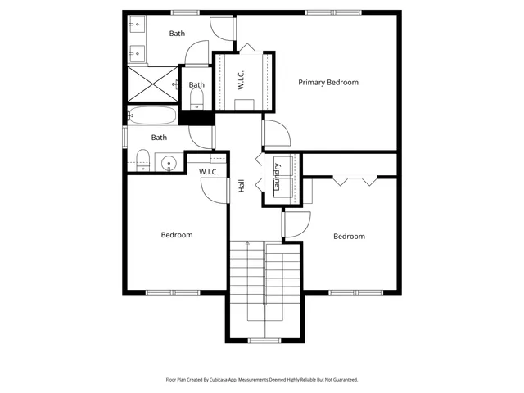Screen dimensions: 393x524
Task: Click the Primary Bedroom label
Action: (x=328, y=82)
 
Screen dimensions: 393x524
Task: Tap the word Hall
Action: (x=242, y=187)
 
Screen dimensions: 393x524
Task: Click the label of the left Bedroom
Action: (x=176, y=235)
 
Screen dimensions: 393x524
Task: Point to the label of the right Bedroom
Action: (x=349, y=236)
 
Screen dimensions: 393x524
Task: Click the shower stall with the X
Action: (x=151, y=84)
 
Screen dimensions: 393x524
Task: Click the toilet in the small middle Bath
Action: (x=196, y=99)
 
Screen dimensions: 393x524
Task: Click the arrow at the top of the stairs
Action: (x=248, y=245)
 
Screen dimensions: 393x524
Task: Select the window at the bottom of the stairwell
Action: (x=264, y=340)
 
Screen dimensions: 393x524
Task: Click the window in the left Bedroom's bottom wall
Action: (x=173, y=292)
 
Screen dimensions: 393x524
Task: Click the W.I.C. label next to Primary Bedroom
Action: (x=242, y=79)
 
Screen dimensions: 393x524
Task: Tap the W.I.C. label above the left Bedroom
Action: (x=208, y=171)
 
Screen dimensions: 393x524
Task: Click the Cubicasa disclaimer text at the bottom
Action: (x=262, y=381)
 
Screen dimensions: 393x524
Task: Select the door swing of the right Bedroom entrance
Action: (x=296, y=224)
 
